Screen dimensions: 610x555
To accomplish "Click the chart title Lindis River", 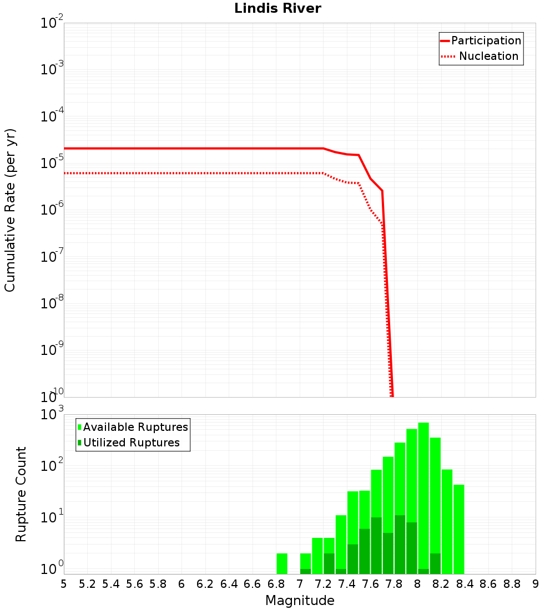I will point(277,8).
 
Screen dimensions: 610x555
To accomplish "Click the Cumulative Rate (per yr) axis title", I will point(10,210).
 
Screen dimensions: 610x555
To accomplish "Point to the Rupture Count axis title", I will point(21,494).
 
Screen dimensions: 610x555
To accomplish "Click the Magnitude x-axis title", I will point(300,601).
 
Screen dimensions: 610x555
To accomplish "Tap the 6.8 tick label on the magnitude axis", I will point(276,584).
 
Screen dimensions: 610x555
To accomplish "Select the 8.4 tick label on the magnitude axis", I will point(465,584).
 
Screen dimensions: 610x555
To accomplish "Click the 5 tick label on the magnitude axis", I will point(64,584).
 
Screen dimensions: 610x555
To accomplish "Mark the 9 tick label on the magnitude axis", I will point(536,584).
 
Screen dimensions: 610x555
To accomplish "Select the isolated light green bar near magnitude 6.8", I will point(282,563).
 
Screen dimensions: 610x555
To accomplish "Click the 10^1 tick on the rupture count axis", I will point(52,518).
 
